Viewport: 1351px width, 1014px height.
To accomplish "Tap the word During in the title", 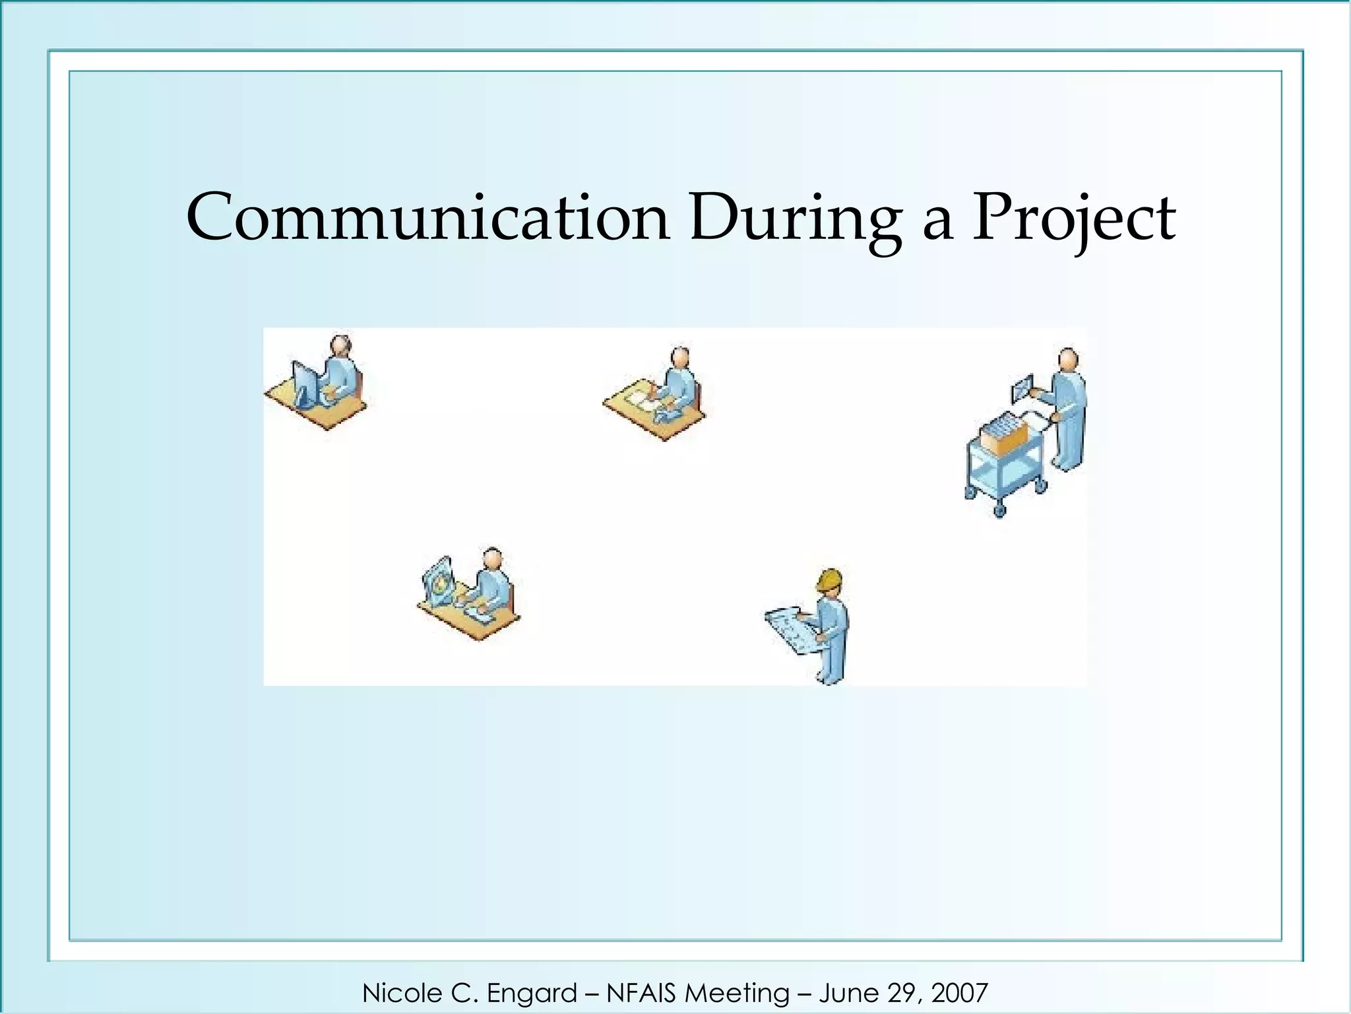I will point(795,218).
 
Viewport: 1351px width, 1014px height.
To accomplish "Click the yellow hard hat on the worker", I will point(829,580).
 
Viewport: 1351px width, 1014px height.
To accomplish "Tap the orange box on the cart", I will point(1003,435).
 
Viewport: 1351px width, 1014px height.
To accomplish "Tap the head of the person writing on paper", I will point(680,358).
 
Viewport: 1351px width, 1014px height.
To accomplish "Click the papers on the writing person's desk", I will point(637,400).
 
